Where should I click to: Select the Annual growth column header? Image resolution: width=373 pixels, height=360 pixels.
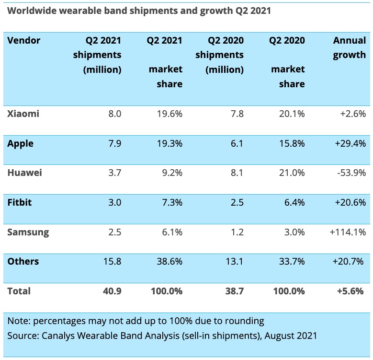click(350, 47)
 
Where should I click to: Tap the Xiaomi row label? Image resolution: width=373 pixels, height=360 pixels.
click(23, 114)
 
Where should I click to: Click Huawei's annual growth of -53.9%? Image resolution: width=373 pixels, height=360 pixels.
click(351, 173)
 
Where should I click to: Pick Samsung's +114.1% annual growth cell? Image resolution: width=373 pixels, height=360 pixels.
click(348, 232)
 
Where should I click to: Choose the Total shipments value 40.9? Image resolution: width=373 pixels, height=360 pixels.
click(113, 291)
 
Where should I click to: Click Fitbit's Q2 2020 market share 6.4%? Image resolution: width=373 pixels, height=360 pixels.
click(294, 202)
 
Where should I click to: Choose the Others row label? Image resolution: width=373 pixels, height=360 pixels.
click(23, 262)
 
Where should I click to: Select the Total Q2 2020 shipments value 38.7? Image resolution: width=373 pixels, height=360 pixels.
click(235, 291)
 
